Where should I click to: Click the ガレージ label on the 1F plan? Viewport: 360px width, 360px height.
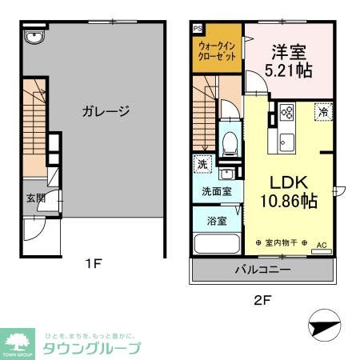tap(104, 111)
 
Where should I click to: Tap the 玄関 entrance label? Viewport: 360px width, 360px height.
tap(34, 198)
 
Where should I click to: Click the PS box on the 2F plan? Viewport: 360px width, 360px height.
tap(198, 27)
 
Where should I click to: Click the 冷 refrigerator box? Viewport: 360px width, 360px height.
tap(324, 113)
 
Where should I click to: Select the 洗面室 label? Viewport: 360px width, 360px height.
tap(216, 192)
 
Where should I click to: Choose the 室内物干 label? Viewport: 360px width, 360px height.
tap(281, 242)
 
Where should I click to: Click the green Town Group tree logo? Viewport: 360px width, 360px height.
tap(18, 340)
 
